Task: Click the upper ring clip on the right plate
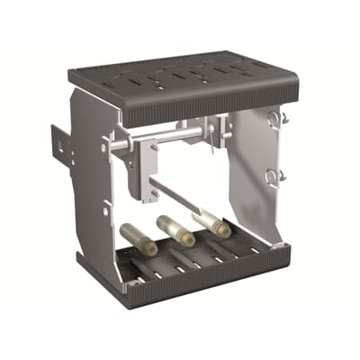(x=279, y=117)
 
